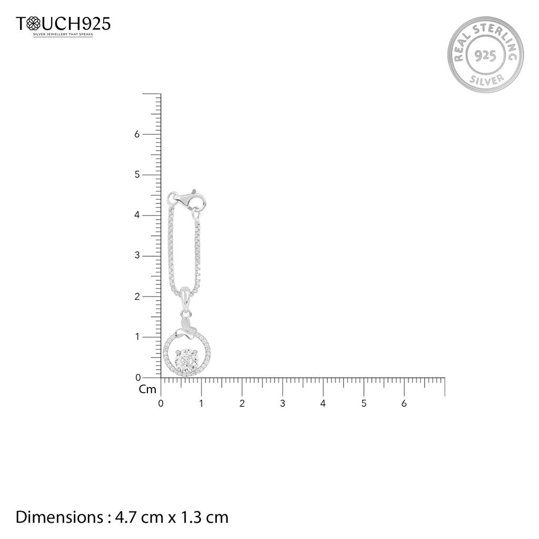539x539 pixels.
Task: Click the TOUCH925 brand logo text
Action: [x=63, y=24]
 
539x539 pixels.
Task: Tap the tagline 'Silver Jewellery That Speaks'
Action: [x=63, y=34]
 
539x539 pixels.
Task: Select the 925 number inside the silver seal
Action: [x=485, y=55]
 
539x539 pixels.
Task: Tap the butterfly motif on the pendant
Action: [x=186, y=328]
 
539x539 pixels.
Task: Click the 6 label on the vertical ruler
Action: [x=137, y=134]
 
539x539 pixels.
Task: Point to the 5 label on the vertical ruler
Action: [x=137, y=175]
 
